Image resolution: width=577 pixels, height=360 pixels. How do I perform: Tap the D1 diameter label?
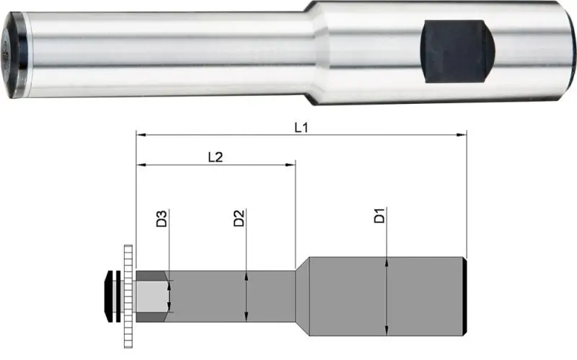tap(380, 216)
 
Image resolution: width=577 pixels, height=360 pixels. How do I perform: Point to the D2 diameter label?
tap(239, 219)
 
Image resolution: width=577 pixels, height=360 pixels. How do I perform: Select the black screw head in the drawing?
tap(110, 296)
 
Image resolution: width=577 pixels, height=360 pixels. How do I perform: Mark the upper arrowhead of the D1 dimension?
tap(387, 261)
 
